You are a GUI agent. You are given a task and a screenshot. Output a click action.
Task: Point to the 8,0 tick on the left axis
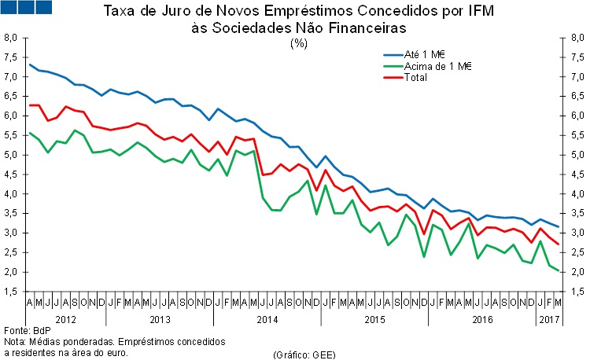point(10,38)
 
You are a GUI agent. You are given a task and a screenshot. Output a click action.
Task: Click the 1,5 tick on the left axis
point(10,292)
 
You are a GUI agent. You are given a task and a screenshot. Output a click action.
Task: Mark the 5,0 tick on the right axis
point(577,155)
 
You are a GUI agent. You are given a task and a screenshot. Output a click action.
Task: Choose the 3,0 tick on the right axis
point(577,233)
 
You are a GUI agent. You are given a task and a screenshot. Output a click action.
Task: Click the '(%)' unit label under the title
point(299,43)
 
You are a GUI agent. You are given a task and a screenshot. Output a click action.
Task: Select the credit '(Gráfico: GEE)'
point(304,354)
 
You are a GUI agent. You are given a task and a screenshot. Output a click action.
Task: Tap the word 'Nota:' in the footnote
point(15,342)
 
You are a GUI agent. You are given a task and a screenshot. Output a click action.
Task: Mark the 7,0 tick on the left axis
point(10,77)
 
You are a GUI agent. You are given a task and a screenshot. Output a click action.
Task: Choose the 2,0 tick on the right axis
point(577,272)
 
